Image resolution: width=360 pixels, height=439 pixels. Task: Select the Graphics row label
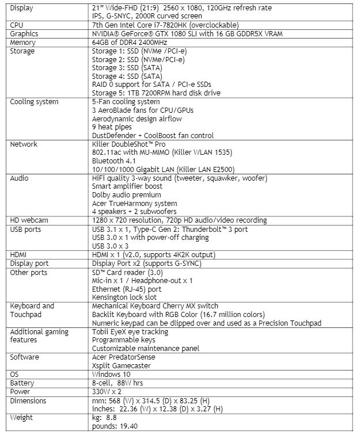click(x=24, y=34)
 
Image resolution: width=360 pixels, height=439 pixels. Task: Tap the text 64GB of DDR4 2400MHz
click(x=130, y=43)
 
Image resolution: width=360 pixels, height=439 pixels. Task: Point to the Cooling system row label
click(x=35, y=102)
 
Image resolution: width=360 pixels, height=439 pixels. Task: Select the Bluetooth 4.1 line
click(x=115, y=161)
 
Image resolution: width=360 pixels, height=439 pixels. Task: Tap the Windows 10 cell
click(x=112, y=375)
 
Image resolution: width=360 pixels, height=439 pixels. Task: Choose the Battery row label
click(x=22, y=383)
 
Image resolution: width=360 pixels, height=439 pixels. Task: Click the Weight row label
click(x=22, y=418)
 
